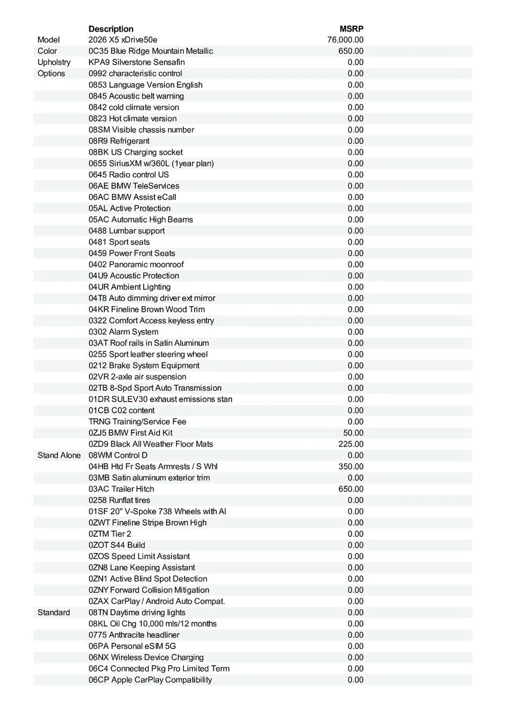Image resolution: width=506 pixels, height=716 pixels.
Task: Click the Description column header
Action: point(111,29)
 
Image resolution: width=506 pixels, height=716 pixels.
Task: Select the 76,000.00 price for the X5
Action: point(345,40)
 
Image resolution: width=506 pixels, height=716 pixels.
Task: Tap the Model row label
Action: point(48,40)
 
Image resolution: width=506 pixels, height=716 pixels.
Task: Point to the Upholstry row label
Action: point(54,62)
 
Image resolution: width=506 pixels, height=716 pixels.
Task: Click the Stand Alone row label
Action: point(59,455)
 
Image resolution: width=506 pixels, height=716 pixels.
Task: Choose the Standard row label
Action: point(54,612)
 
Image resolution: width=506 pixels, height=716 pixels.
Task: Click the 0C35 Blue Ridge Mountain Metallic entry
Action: point(150,51)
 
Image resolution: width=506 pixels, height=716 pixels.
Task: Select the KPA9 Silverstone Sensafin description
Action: point(137,62)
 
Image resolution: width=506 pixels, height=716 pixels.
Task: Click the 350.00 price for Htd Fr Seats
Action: point(351,467)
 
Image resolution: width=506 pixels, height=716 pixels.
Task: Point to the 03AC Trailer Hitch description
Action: point(121,489)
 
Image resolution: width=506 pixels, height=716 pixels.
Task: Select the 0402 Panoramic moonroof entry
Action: point(136,264)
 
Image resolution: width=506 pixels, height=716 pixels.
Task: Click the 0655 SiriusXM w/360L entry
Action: point(151,163)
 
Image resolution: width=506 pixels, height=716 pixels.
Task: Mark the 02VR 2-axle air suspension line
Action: point(137,376)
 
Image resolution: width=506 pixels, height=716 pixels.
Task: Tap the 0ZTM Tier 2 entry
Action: point(110,534)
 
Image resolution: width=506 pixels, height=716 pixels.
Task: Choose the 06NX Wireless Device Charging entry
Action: point(146,657)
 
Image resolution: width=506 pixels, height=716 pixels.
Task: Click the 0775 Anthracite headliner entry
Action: point(134,635)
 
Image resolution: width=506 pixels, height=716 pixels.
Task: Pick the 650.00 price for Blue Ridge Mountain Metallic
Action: point(351,51)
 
